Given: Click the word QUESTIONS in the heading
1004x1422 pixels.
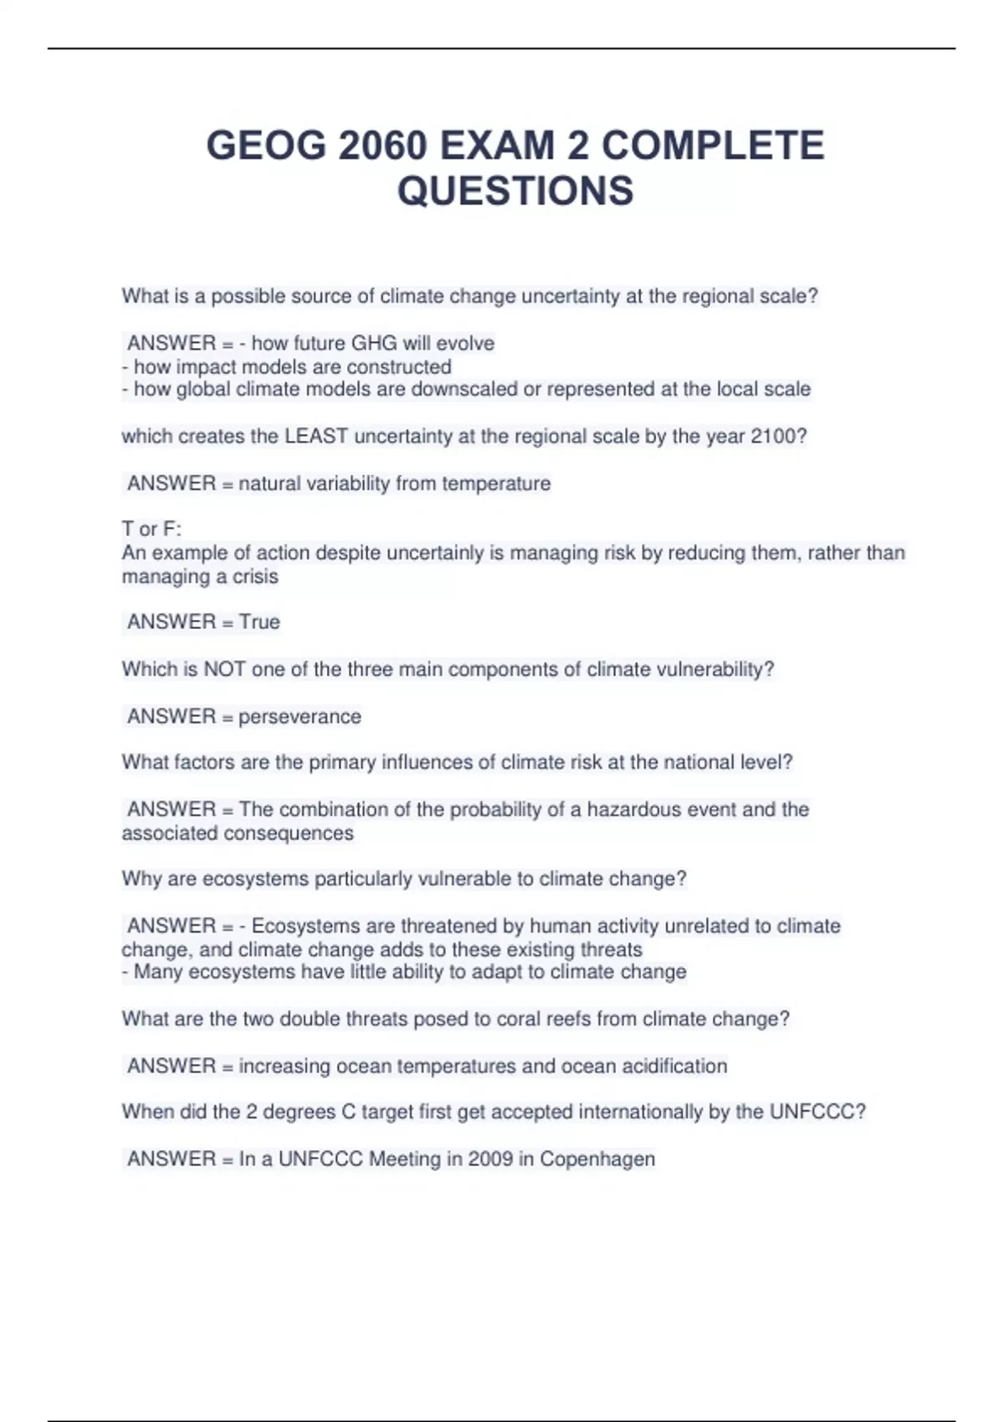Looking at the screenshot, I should (515, 191).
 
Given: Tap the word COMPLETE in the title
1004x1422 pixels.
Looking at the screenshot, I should (713, 146).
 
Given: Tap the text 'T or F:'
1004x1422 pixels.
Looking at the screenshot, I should (151, 529).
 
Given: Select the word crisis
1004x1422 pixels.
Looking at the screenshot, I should (255, 576).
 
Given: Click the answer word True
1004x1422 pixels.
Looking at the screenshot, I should (259, 621).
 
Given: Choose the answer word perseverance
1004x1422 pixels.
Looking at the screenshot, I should (300, 717).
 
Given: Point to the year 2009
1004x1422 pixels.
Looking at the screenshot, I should (490, 1159).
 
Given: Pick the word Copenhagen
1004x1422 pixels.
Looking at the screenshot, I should (597, 1159).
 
